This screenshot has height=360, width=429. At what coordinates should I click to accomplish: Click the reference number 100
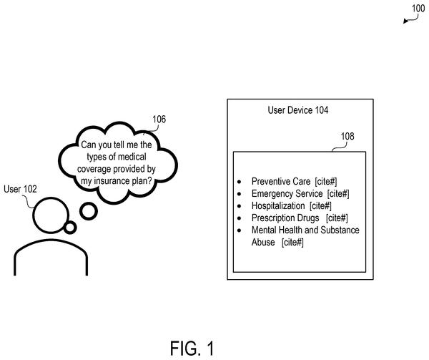tap(418, 8)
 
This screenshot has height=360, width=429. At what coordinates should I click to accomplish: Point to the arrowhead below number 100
tap(405, 21)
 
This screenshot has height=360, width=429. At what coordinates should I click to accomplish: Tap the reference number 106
tap(159, 120)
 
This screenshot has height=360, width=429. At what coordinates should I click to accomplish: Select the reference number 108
tap(347, 136)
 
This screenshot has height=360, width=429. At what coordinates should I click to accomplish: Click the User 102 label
tap(20, 189)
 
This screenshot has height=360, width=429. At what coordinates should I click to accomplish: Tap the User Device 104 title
tap(298, 110)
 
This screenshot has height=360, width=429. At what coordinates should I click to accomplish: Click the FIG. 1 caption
tap(192, 349)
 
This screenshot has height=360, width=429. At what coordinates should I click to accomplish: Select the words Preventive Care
tap(281, 182)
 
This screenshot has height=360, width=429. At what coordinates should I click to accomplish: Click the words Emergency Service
tap(287, 193)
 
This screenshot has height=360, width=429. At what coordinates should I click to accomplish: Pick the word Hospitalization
tap(278, 206)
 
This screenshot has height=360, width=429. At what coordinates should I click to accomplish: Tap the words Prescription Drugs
tap(285, 218)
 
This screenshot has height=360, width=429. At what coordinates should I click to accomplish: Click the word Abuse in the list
tap(263, 243)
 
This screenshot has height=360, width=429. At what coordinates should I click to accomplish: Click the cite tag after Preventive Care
tap(326, 182)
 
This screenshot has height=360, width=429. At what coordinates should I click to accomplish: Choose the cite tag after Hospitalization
tap(320, 206)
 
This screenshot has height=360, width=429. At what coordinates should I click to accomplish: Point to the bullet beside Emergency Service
tap(240, 194)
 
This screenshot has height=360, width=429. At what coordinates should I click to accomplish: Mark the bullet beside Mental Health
tap(240, 230)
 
